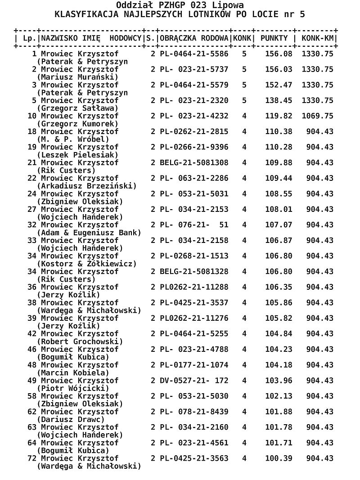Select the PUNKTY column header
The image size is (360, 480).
tap(274, 38)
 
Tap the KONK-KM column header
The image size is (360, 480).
tap(318, 38)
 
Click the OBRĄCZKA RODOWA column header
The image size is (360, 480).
tap(194, 38)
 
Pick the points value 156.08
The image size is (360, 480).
tap(279, 54)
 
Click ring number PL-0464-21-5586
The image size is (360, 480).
tap(194, 54)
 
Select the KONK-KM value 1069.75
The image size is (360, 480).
tap(317, 116)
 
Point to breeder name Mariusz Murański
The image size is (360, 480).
tap(78, 77)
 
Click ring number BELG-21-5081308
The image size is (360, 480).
tap(194, 163)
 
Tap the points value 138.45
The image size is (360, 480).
tap(279, 101)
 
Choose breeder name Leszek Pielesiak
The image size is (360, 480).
tap(78, 155)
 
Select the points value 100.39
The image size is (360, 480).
tap(279, 458)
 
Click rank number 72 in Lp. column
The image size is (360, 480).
tap(32, 458)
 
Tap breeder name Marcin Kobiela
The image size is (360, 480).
tap(73, 373)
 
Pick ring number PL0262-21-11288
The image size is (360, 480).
tap(194, 287)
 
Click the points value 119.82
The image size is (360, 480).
tap(279, 116)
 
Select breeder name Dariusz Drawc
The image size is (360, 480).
tap(71, 419)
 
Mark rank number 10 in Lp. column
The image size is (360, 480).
tap(32, 116)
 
